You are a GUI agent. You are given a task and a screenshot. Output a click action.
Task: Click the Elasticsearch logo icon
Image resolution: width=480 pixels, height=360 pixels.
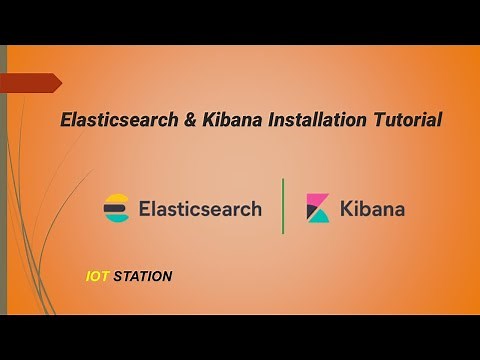coord(117,208)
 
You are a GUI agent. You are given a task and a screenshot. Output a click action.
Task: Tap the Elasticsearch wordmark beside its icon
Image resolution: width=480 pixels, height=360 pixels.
coord(200,209)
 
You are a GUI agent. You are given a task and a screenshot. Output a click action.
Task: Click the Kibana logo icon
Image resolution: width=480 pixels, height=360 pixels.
coord(318,208)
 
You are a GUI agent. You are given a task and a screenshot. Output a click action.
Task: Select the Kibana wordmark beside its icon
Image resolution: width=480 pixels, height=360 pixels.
coord(372,209)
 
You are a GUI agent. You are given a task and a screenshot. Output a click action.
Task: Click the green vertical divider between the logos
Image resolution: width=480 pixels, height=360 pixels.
coord(283,206)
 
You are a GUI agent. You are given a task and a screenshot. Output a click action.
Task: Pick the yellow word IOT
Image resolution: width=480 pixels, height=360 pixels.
coord(98,276)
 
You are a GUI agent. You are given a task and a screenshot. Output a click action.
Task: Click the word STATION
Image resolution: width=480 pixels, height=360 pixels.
coord(143,276)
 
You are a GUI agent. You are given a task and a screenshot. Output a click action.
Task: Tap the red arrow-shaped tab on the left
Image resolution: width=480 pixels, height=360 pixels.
coord(30,83)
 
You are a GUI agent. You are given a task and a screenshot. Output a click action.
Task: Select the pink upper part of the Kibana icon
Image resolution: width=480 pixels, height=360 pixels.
coord(315,202)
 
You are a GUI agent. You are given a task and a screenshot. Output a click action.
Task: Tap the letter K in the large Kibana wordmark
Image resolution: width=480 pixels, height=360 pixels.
coord(347,209)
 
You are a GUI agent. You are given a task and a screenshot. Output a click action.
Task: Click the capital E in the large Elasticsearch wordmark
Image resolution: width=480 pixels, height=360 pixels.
coord(145,209)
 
